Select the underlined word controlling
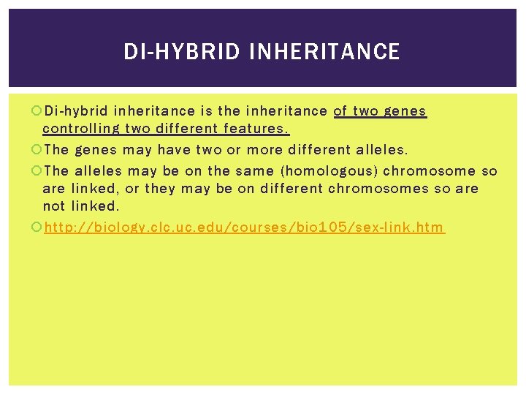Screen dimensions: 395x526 tap(81, 129)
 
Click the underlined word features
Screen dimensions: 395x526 tap(256, 129)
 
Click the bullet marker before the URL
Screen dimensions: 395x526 tap(37, 227)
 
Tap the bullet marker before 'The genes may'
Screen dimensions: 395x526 tap(37, 150)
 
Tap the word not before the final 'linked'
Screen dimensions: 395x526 tap(54, 206)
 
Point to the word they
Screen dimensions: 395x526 tap(161, 188)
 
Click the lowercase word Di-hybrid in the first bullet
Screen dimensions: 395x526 tap(76, 111)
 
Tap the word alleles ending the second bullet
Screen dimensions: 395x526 tap(381, 150)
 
